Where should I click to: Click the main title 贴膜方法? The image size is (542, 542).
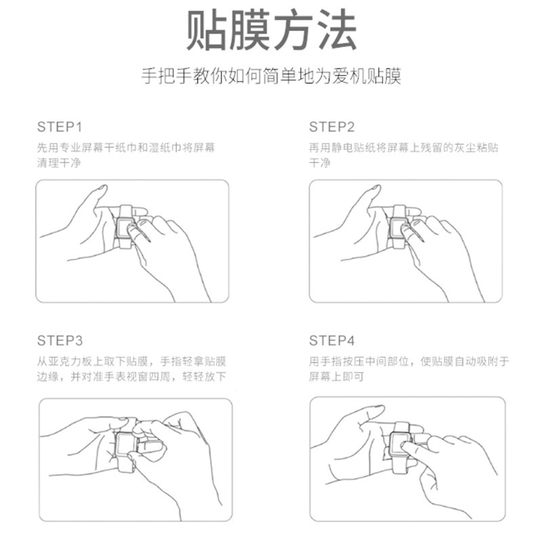tap(272, 30)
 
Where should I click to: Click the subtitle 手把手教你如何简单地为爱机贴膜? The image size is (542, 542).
tap(272, 76)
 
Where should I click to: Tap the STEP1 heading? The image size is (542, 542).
tap(60, 127)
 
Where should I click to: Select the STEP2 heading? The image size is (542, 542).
tap(332, 127)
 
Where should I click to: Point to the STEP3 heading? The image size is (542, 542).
tap(60, 341)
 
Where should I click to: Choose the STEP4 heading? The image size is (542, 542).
tap(332, 341)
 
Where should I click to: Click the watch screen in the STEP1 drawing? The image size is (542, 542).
tap(124, 228)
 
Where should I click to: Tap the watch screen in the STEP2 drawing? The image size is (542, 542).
tap(397, 228)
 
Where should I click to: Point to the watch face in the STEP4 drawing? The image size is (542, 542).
tap(400, 444)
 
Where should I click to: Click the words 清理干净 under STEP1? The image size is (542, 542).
tap(59, 163)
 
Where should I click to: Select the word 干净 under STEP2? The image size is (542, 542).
tap(320, 163)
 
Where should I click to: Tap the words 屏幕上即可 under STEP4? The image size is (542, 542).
tap(336, 377)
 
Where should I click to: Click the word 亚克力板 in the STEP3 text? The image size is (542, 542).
tap(70, 362)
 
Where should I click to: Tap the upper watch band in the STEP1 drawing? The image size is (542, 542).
tap(126, 211)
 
